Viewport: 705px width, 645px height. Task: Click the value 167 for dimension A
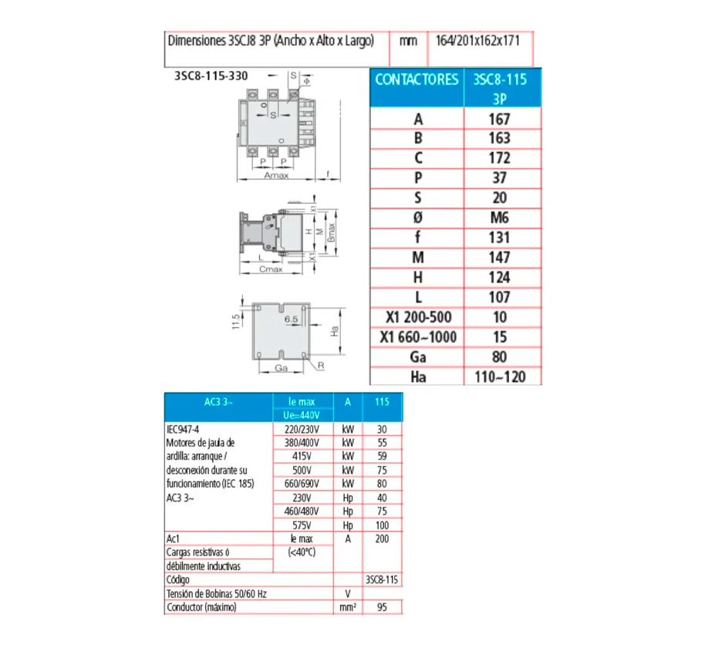(x=500, y=119)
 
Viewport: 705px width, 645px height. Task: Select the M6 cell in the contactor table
(x=500, y=218)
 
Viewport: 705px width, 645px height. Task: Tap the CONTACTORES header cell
(x=417, y=79)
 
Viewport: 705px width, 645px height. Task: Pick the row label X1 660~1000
(x=418, y=337)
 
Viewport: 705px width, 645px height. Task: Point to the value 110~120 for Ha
(x=500, y=377)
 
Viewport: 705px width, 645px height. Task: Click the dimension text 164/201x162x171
(x=477, y=41)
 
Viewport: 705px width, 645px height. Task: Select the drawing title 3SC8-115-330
(x=211, y=76)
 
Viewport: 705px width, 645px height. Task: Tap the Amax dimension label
(x=276, y=175)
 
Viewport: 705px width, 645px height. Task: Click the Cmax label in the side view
(x=271, y=269)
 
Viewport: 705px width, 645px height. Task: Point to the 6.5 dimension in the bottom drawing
(x=291, y=319)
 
